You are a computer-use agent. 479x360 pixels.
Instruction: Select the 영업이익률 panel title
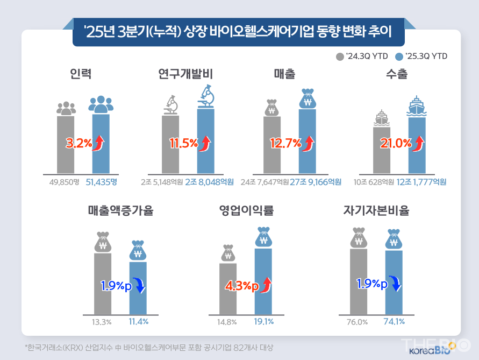(247, 210)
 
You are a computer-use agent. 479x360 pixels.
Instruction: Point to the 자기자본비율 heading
(376, 210)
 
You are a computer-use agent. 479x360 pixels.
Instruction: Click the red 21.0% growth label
(396, 143)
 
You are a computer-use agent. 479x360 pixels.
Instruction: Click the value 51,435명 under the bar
(101, 182)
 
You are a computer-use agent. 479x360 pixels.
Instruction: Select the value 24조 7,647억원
(264, 182)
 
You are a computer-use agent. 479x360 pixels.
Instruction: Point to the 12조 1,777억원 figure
(422, 182)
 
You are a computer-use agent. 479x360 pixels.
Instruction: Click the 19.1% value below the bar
(263, 322)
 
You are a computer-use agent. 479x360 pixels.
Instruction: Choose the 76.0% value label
(358, 322)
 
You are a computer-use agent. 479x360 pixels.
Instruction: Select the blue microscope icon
(205, 97)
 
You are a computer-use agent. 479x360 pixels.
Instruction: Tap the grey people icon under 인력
(66, 108)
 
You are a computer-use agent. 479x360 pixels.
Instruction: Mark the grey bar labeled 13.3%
(102, 283)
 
